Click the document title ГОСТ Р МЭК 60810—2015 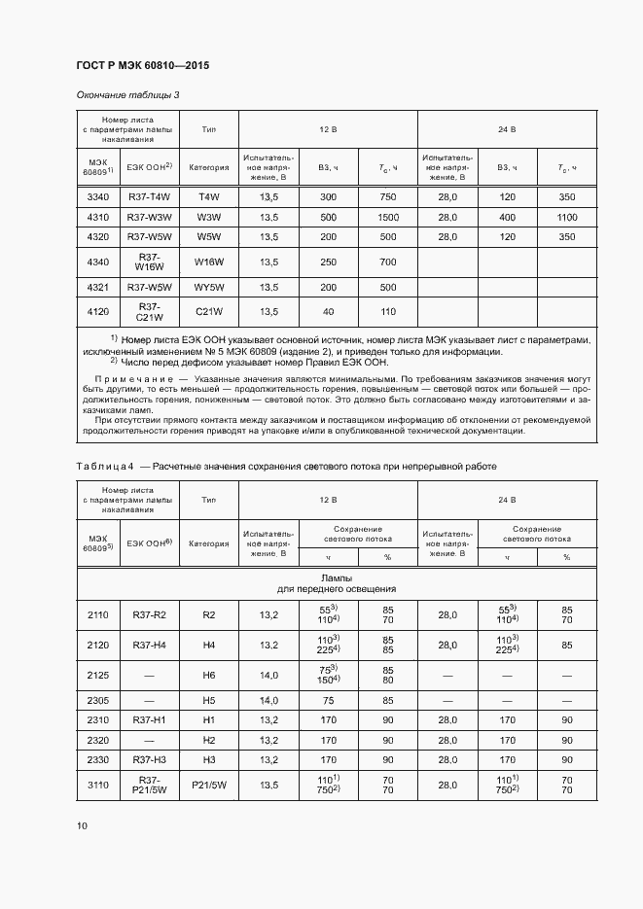click(x=143, y=66)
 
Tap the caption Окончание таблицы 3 click(x=127, y=95)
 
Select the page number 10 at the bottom click(x=82, y=826)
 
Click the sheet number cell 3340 click(x=97, y=197)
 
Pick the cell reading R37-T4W click(x=149, y=197)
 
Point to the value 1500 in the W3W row click(x=388, y=216)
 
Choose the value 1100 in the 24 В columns click(x=567, y=216)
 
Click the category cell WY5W click(x=209, y=288)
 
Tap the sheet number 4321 click(x=97, y=288)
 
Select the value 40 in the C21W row click(x=328, y=312)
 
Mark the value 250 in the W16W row click(x=328, y=262)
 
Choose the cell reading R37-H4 click(x=149, y=645)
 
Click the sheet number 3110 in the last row click(x=97, y=786)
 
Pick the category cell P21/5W click(x=209, y=786)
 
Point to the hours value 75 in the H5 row click(x=328, y=699)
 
